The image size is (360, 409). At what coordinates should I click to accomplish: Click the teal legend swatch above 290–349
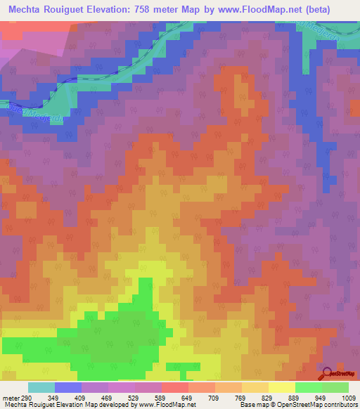point(41,387)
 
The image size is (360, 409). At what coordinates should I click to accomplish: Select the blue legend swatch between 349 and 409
point(68,387)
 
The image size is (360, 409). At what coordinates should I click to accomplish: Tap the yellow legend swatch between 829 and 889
point(282,387)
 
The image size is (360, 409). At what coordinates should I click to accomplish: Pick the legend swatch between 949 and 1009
point(335,387)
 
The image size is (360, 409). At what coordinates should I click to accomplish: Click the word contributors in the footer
point(341,405)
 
